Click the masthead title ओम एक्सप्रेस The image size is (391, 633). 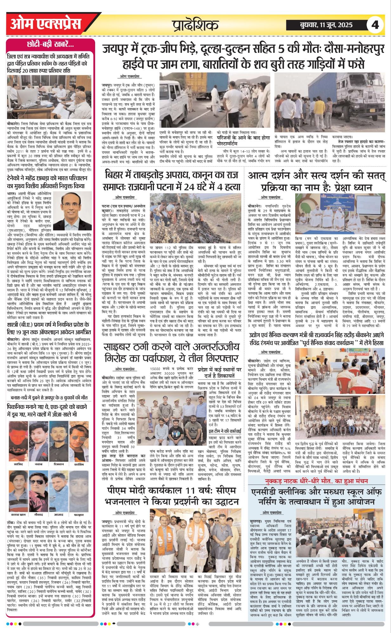pyautogui.click(x=46, y=24)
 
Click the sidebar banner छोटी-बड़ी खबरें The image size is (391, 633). pyautogui.click(x=50, y=45)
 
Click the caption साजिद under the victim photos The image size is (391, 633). pyautogui.click(x=18, y=464)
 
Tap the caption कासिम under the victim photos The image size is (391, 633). pyautogui.click(x=79, y=464)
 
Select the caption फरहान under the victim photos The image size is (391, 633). pyautogui.click(x=79, y=515)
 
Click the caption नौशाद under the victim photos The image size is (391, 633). pyautogui.click(x=38, y=515)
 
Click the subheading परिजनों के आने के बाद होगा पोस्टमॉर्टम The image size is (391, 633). pyautogui.click(x=239, y=141)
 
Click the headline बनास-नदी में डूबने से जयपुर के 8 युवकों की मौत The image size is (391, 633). pyautogui.click(x=49, y=397)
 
